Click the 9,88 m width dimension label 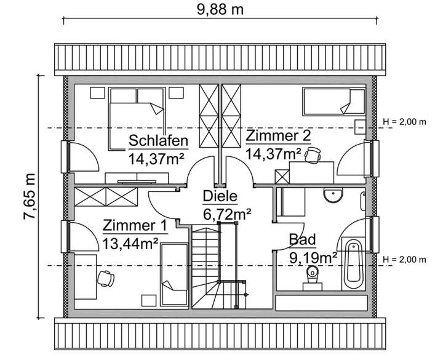[x=220, y=10]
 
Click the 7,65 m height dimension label [x=30, y=196]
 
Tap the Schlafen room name [x=159, y=140]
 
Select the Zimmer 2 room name [x=278, y=135]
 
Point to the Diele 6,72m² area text [x=227, y=206]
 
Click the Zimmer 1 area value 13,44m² [x=130, y=244]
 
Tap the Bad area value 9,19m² [x=313, y=257]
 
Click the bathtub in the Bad [x=353, y=263]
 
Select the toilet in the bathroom [x=313, y=278]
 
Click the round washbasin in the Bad [x=333, y=195]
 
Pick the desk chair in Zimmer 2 [x=313, y=155]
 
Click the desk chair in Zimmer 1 [x=106, y=278]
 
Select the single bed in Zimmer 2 [x=334, y=102]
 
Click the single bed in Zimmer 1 [x=174, y=275]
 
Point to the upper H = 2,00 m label [x=405, y=122]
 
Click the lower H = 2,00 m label [x=405, y=260]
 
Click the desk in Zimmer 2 [x=311, y=172]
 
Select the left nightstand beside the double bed [x=97, y=93]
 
